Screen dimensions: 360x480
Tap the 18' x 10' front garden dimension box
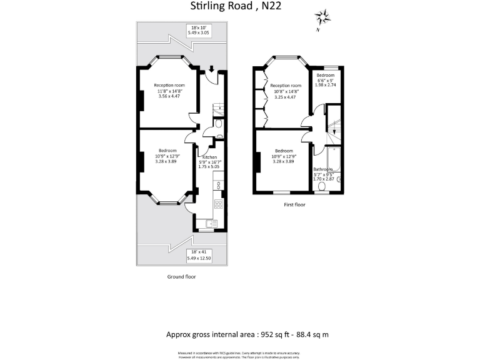(199, 30)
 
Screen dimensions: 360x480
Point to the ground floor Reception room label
(170, 85)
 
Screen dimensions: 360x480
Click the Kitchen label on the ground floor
(208, 156)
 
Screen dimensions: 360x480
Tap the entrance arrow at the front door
(212, 69)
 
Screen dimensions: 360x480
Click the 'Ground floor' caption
(181, 276)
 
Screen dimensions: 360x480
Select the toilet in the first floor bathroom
(322, 186)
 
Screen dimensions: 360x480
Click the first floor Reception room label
(287, 86)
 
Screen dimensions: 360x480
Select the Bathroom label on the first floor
(324, 169)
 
